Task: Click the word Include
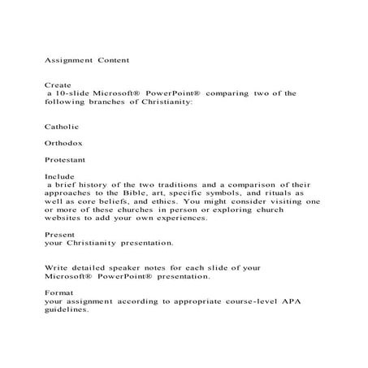click(x=57, y=176)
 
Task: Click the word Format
click(x=55, y=292)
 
